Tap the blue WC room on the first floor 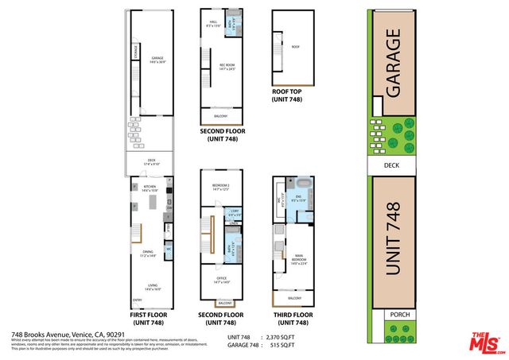(169, 250)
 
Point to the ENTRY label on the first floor (138, 300)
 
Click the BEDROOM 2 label (220, 187)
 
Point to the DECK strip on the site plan (391, 165)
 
